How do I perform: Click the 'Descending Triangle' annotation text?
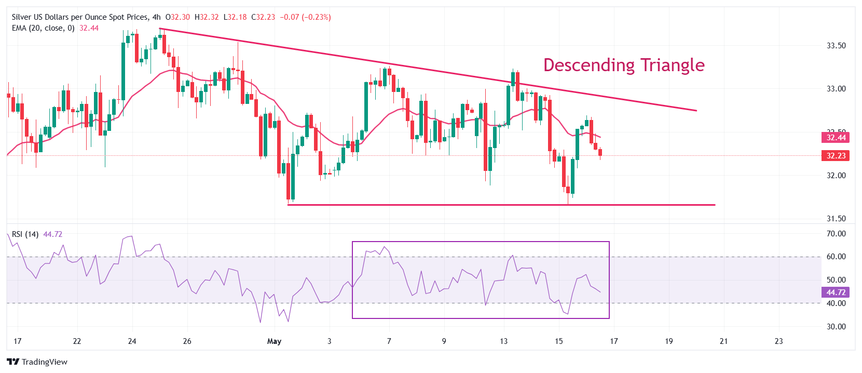[x=624, y=65]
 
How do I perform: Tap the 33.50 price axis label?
[x=836, y=46]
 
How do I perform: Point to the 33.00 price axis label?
[x=836, y=89]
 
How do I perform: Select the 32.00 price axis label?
[x=836, y=176]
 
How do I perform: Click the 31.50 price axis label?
[x=836, y=219]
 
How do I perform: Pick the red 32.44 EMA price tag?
[x=836, y=138]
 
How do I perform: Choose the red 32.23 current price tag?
[x=836, y=156]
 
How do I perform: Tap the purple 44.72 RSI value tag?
[x=836, y=292]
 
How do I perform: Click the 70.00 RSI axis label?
[x=836, y=234]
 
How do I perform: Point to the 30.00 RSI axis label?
[x=836, y=327]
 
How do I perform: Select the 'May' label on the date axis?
[x=274, y=341]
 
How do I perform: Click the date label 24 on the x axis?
[x=132, y=341]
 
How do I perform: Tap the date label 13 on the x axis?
[x=503, y=341]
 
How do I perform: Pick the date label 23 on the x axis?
[x=778, y=341]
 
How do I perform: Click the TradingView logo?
[x=37, y=362]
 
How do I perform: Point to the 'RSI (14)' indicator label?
[x=25, y=234]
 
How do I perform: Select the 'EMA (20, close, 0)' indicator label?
[x=43, y=28]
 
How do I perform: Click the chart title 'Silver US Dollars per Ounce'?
[x=80, y=17]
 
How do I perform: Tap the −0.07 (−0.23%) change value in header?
[x=305, y=17]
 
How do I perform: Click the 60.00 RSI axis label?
[x=836, y=257]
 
